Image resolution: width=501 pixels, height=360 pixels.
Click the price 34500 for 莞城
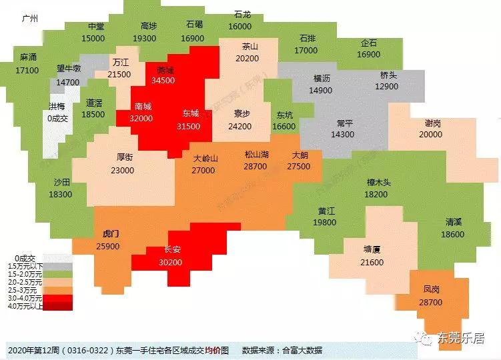pyautogui.click(x=164, y=80)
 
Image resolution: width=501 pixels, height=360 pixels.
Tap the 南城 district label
pyautogui.click(x=143, y=107)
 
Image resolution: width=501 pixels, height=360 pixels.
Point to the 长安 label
pyautogui.click(x=172, y=251)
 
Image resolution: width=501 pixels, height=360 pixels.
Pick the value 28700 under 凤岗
pyautogui.click(x=432, y=303)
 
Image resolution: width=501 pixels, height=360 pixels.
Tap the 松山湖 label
pyautogui.click(x=256, y=155)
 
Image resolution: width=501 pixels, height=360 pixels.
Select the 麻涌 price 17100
pyautogui.click(x=28, y=69)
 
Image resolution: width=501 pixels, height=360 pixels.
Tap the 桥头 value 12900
pyautogui.click(x=386, y=87)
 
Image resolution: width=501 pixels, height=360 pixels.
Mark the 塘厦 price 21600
pyautogui.click(x=372, y=263)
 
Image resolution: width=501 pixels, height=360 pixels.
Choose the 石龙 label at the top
pyautogui.click(x=242, y=15)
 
